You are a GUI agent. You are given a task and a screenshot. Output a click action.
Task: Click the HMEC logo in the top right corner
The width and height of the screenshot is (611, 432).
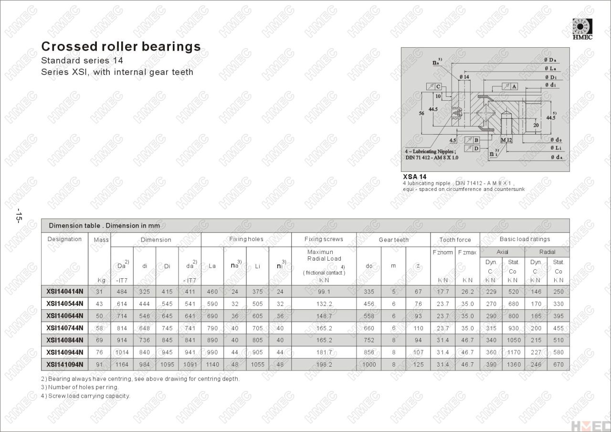click(x=582, y=29)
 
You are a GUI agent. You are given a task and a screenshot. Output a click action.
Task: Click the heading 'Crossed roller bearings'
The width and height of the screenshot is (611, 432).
click(x=121, y=46)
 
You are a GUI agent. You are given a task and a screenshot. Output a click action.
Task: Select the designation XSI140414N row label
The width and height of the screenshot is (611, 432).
click(x=65, y=292)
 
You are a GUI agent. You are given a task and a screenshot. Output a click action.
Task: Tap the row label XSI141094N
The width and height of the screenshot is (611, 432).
click(x=65, y=365)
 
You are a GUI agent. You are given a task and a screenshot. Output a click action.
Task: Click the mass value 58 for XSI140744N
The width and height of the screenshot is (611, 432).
click(x=99, y=328)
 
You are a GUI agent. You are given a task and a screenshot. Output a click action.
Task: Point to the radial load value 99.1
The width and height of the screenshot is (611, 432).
click(x=324, y=292)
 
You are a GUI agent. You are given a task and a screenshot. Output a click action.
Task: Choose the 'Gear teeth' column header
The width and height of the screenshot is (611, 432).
click(x=393, y=240)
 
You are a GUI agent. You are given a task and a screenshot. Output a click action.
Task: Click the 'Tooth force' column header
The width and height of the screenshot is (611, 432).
click(x=455, y=240)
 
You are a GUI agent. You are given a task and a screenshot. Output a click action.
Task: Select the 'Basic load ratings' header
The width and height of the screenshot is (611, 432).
click(x=525, y=239)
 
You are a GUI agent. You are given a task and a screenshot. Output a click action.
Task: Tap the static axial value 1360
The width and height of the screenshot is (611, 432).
click(x=513, y=365)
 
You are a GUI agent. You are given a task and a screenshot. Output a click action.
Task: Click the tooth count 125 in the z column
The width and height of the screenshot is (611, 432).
click(x=418, y=365)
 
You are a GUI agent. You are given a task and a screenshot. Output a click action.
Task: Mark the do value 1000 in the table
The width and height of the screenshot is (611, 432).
click(x=369, y=365)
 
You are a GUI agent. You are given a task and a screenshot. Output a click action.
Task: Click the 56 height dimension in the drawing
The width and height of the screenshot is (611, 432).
click(x=421, y=113)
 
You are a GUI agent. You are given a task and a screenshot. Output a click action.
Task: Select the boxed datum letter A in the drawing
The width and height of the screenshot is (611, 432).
click(x=514, y=86)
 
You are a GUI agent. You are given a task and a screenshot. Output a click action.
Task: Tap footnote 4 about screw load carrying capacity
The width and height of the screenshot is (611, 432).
click(x=85, y=396)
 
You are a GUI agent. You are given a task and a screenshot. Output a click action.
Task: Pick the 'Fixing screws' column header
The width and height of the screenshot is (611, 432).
click(x=324, y=239)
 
